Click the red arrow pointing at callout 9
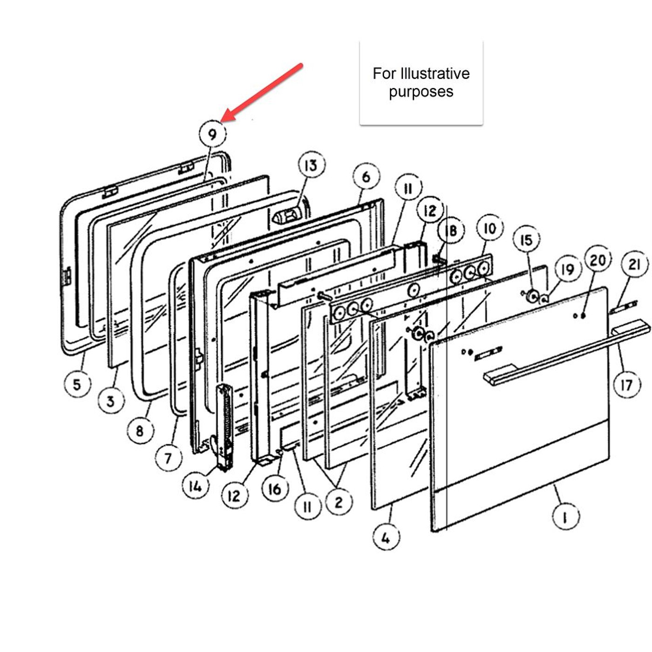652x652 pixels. [x=263, y=92]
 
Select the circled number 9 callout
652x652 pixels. [x=212, y=135]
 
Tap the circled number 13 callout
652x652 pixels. [x=311, y=165]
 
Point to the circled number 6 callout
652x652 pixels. [x=366, y=177]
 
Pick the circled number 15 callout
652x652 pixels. [x=526, y=240]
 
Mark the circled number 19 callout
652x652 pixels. [x=567, y=269]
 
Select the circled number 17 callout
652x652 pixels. [x=626, y=385]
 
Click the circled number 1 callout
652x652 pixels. [x=565, y=517]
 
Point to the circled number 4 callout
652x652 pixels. [x=386, y=537]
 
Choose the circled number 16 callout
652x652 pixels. [x=275, y=489]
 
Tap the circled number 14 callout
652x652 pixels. [x=195, y=486]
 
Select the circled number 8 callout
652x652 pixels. [x=140, y=431]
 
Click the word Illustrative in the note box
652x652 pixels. [x=429, y=74]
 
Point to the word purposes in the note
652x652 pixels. [x=421, y=92]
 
